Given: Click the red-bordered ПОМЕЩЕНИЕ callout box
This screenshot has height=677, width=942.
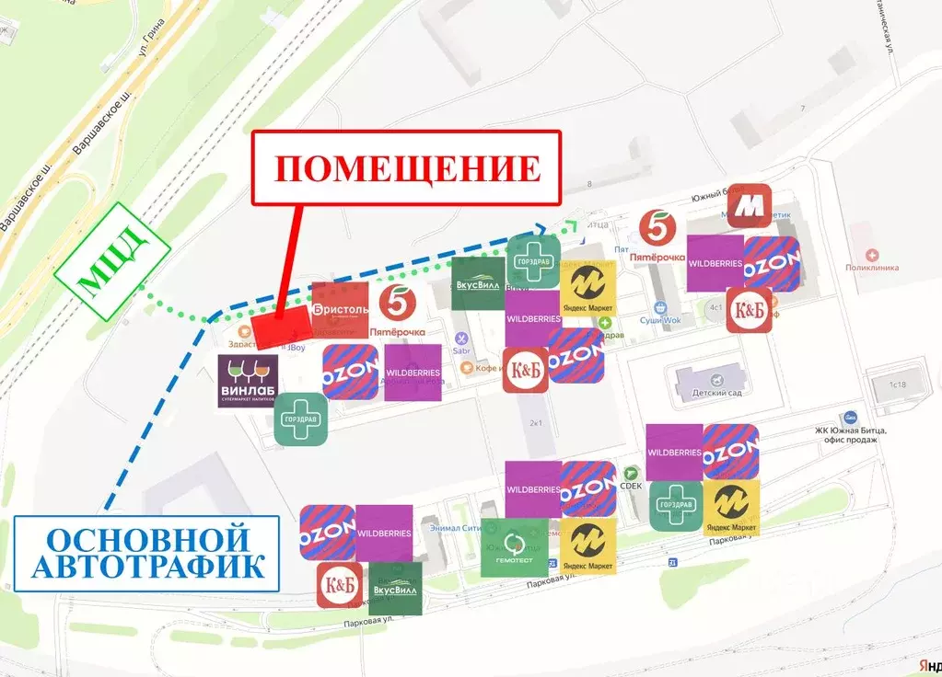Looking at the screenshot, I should tap(406, 167).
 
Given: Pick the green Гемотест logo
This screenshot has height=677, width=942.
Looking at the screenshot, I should tap(514, 548).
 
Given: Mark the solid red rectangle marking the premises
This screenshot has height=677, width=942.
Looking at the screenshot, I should tap(281, 327).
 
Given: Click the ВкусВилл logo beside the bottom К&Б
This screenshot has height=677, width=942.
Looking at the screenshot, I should tap(395, 588).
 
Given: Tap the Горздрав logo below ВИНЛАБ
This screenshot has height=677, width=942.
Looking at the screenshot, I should tap(303, 419).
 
